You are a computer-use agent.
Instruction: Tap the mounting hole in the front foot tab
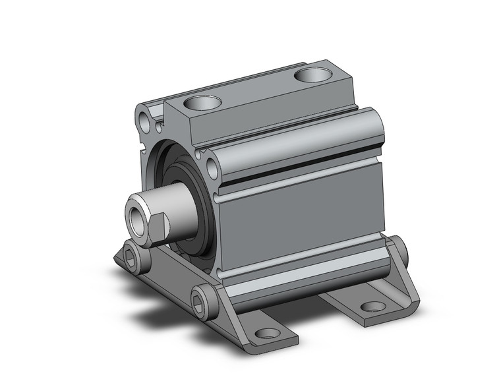[267, 333]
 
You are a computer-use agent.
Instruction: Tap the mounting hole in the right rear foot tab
[374, 306]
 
